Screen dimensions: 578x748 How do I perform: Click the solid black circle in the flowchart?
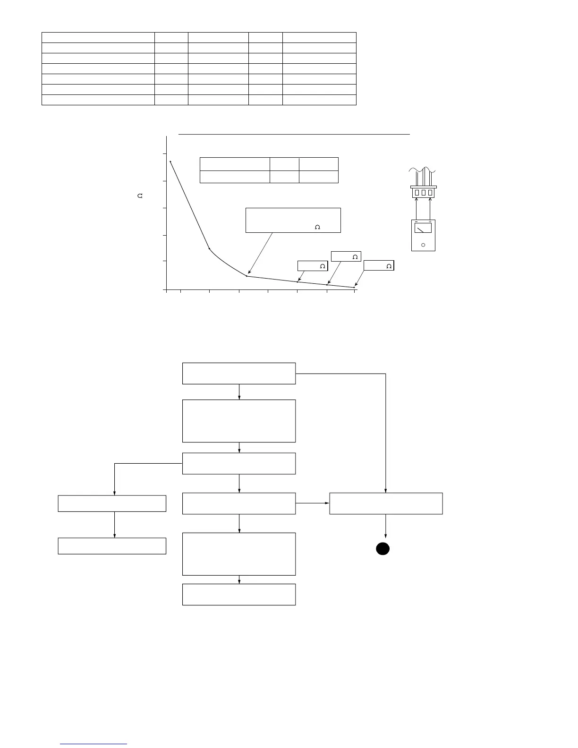click(382, 548)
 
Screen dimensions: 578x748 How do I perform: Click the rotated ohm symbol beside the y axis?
click(140, 195)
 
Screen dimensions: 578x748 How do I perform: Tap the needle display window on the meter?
click(423, 228)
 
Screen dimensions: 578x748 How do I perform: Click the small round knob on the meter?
click(423, 245)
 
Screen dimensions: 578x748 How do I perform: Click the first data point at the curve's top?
click(170, 161)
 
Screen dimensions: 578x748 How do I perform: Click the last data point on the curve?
click(354, 287)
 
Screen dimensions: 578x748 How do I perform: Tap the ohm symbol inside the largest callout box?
click(317, 227)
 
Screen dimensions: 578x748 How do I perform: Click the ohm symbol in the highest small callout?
click(355, 256)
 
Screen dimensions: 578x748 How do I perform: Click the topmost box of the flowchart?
click(239, 373)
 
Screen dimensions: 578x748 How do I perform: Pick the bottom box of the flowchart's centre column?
click(239, 594)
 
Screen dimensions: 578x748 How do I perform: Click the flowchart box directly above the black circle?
click(386, 503)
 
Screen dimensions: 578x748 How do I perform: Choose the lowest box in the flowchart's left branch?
click(112, 546)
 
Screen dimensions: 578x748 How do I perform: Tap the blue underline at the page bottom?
click(94, 744)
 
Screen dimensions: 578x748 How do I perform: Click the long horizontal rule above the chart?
click(294, 134)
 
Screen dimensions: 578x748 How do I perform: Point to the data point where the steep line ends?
click(209, 248)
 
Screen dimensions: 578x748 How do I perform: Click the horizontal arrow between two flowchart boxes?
click(312, 503)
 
